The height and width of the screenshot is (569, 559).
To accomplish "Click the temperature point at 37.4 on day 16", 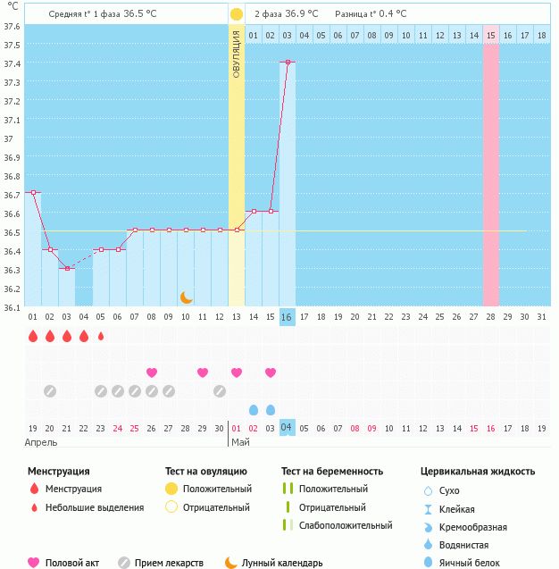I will click(287, 63).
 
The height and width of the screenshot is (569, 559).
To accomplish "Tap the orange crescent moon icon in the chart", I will click(186, 297).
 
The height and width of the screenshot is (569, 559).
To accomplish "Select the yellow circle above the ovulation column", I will click(236, 14).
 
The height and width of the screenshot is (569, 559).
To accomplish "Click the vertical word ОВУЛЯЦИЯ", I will click(236, 54).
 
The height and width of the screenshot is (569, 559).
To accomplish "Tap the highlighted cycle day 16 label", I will click(287, 317).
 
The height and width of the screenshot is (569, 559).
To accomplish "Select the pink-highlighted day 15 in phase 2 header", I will click(490, 36).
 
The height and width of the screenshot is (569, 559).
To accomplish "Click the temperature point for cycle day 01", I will click(33, 192).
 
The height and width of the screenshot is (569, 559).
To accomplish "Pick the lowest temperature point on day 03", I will click(67, 268).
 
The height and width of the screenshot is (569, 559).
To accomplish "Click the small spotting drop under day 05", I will click(101, 337).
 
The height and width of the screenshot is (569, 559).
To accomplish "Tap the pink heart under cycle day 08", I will click(152, 372).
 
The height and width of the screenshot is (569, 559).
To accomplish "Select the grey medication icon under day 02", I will click(50, 390).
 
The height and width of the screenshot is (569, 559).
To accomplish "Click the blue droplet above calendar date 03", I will click(270, 409).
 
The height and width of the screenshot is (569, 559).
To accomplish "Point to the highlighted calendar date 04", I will click(287, 428).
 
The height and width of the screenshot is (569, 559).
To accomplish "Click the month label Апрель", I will click(41, 442).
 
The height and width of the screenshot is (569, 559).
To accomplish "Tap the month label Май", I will click(240, 442).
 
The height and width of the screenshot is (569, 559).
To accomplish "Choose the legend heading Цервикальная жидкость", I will click(478, 471).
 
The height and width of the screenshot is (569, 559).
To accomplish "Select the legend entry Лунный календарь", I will click(282, 563).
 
